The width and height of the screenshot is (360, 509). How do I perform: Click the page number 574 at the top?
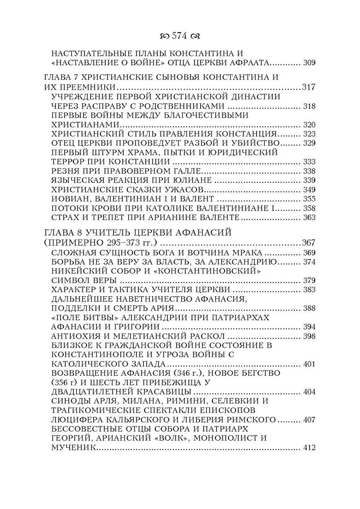tap(180, 36)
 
